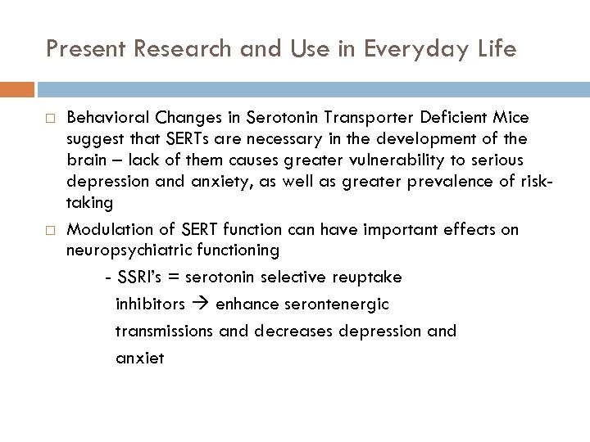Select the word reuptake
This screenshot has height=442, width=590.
(x=371, y=277)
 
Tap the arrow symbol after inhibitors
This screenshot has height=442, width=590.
(x=201, y=304)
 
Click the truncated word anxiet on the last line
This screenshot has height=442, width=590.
(x=139, y=358)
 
